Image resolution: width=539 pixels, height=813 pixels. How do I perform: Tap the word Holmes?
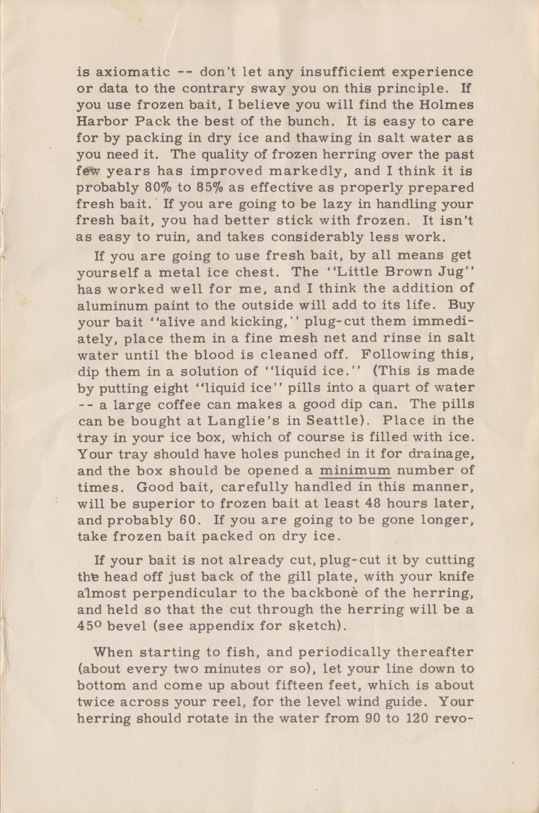pos(448,105)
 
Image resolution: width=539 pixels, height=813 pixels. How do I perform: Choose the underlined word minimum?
pos(355,470)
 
